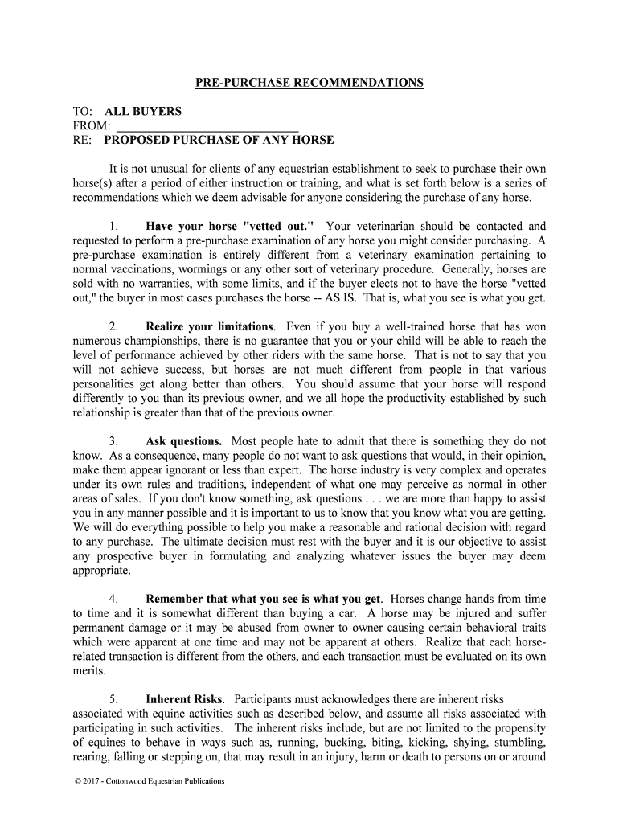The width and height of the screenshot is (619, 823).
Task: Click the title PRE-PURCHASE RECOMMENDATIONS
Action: tap(309, 83)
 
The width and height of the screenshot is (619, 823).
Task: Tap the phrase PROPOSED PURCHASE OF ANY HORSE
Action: tap(219, 140)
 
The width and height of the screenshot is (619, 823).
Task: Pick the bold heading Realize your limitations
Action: tap(209, 326)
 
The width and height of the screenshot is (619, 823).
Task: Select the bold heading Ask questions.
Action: tap(184, 441)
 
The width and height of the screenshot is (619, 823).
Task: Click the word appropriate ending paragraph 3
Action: tap(101, 571)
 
